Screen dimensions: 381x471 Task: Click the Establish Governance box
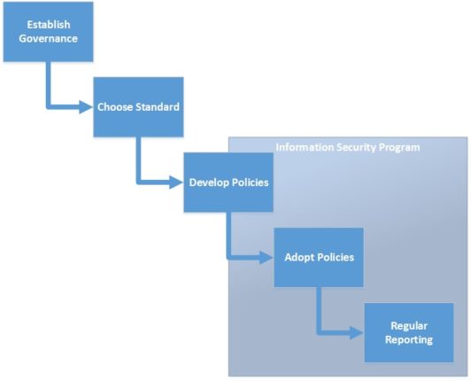coord(48,31)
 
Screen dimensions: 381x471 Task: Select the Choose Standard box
coord(138,107)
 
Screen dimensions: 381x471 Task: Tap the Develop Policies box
coord(228,183)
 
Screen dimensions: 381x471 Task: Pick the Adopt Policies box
coord(319,257)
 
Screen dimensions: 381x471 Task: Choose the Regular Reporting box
coord(408,332)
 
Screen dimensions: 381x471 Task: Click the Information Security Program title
coord(348,147)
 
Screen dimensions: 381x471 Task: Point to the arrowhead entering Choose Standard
coord(87,107)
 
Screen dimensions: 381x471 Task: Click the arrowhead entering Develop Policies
coord(177,183)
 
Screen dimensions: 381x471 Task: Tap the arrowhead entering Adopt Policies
coord(266,258)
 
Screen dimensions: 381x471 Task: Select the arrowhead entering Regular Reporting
coord(357,333)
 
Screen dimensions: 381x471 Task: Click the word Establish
coord(48,24)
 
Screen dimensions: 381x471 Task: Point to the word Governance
coord(48,38)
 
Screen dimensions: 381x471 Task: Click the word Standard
coord(158,107)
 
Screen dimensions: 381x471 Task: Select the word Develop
coord(210,183)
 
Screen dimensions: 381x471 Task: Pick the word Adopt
coord(300,258)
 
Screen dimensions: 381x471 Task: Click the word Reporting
coord(408,340)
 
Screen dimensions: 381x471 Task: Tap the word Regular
coord(408,325)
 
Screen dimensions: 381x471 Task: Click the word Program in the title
coord(398,147)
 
